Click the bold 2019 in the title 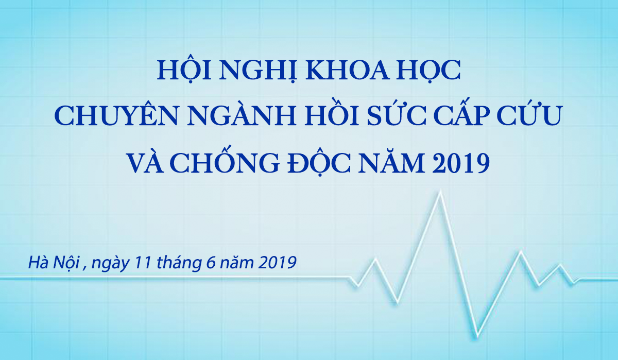[461, 163]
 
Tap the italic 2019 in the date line [277, 262]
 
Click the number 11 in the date [143, 262]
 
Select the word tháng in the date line [179, 263]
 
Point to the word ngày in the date [110, 264]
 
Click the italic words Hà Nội [54, 263]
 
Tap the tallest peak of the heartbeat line [440, 192]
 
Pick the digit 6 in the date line [211, 262]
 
